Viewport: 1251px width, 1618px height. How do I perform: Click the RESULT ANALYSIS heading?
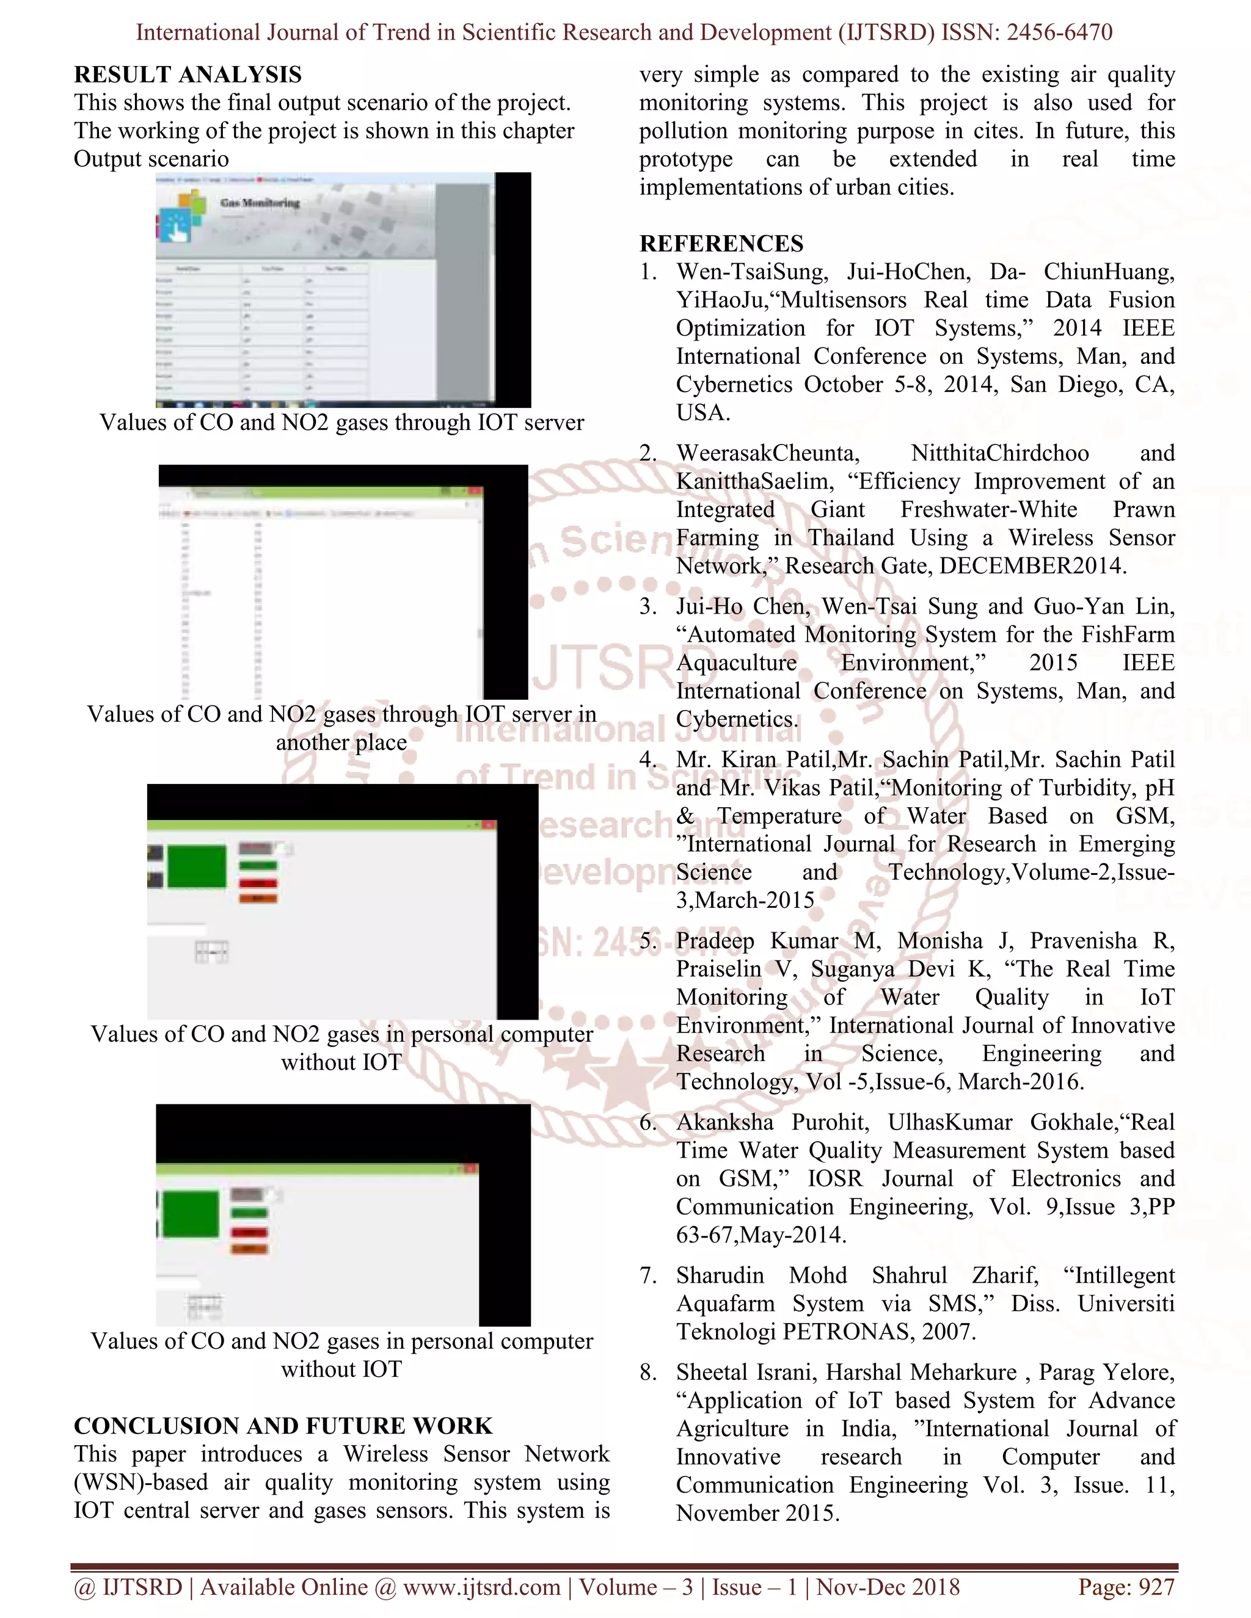click(x=188, y=75)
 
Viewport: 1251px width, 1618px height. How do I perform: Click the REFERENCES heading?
click(x=721, y=244)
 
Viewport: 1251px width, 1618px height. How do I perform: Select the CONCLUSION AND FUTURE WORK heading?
click(x=282, y=1426)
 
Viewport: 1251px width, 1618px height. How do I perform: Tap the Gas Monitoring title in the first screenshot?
click(x=260, y=203)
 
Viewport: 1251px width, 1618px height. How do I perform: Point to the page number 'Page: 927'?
click(x=1126, y=1587)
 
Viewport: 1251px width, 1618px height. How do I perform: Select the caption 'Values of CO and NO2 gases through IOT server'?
click(x=341, y=423)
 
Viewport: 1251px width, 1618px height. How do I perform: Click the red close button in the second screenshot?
click(x=473, y=490)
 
